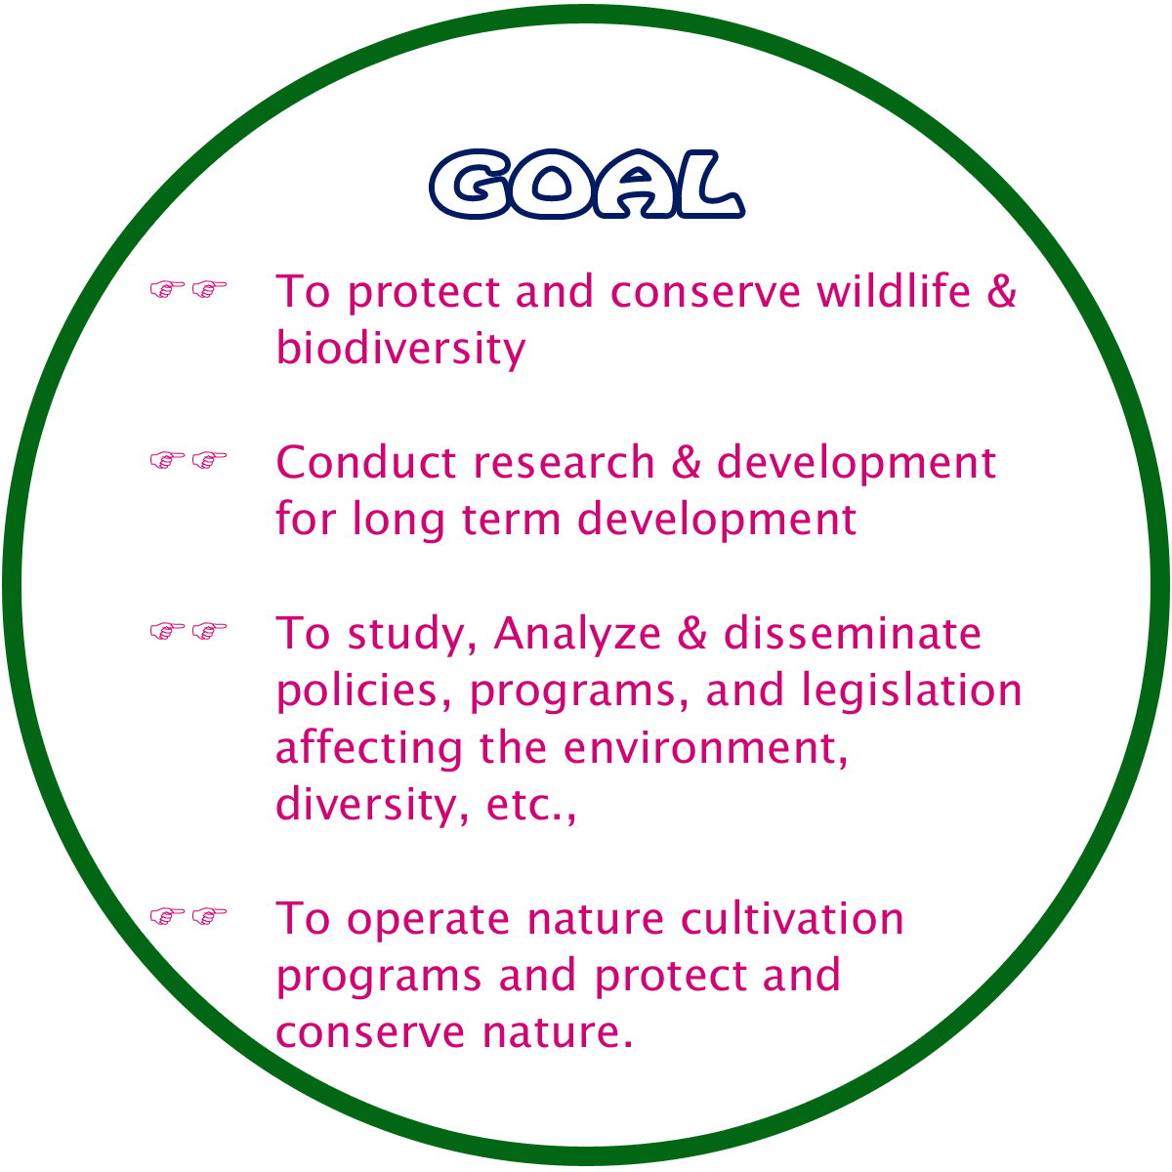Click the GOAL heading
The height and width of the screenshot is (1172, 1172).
(x=587, y=184)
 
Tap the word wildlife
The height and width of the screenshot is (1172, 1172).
(x=894, y=291)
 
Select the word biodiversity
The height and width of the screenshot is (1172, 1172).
(x=400, y=349)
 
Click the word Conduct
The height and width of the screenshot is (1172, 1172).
(x=365, y=462)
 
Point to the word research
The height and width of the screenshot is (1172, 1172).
(x=564, y=462)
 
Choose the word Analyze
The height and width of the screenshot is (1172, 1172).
(x=577, y=635)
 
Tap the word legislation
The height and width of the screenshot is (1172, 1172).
(x=911, y=691)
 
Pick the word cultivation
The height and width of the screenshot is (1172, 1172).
(x=792, y=918)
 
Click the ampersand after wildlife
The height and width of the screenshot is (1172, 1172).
(x=1002, y=291)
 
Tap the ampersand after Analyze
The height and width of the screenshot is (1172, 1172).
(x=692, y=633)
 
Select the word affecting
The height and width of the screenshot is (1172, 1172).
(x=369, y=748)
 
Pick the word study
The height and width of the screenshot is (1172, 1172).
(x=412, y=635)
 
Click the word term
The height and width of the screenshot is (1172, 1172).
(x=511, y=520)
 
